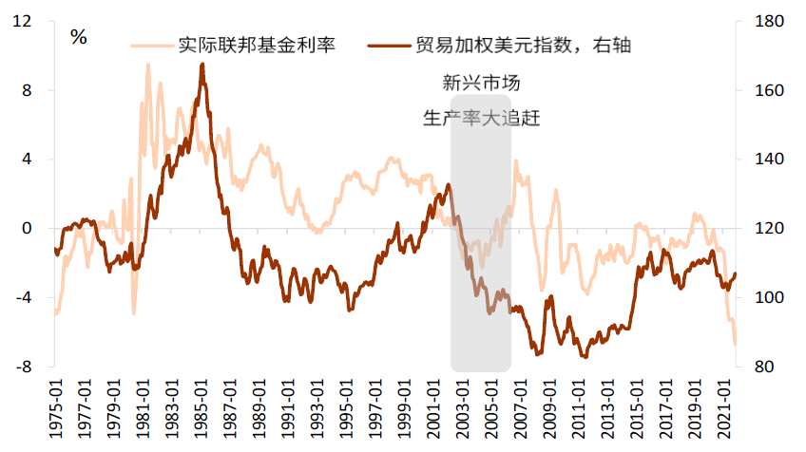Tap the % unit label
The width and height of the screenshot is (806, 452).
(79, 38)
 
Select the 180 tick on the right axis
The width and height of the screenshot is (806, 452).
(765, 22)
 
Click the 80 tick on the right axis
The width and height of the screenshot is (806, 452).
(761, 367)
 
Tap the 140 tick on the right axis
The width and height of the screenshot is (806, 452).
(765, 160)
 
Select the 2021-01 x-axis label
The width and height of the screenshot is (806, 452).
(722, 408)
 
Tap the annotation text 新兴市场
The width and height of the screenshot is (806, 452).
(480, 84)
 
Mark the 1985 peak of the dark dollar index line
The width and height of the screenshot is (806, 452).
(201, 65)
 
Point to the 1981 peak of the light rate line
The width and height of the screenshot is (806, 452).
(147, 66)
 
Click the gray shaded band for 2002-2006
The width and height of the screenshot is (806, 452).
(480, 237)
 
